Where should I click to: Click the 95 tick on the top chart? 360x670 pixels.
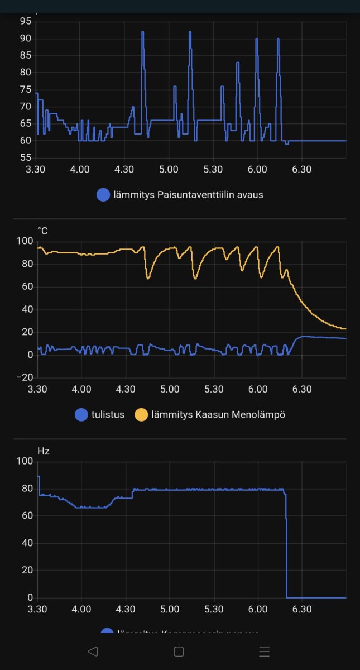pos(26,21)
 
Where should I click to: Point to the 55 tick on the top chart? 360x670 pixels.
pos(26,157)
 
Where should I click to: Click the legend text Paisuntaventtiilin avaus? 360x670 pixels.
pos(210,195)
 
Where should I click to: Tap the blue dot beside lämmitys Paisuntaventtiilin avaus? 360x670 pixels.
pos(103,195)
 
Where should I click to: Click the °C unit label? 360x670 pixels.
pos(43,230)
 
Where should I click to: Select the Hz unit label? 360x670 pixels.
pos(44,451)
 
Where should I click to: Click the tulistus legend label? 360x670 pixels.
pos(107,415)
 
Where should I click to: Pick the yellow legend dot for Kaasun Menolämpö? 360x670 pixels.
pos(142,415)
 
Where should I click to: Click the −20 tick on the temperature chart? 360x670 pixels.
pos(25,378)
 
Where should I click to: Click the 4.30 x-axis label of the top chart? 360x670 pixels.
pos(124,169)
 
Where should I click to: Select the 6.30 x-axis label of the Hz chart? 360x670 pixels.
pos(302,609)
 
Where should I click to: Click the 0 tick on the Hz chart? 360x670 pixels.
pos(31,598)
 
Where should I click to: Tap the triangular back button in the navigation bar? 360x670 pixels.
pos(93,651)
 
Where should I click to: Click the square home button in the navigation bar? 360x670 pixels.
pos(179,651)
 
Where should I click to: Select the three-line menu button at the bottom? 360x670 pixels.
pos(265,651)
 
